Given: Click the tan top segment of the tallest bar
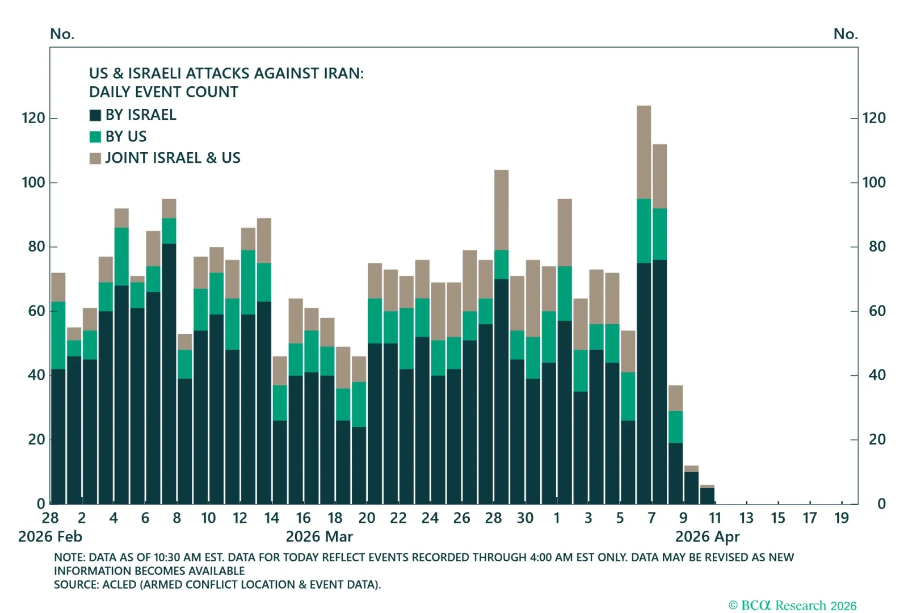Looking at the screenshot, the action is (644, 152).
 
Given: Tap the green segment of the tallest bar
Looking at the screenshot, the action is (644, 230).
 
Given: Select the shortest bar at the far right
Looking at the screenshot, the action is (707, 494).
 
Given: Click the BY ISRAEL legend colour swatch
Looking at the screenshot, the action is (95, 115).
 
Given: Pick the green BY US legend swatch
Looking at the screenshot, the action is (95, 137).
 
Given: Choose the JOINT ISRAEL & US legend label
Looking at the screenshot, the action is (173, 158).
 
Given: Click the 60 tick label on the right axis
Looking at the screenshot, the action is (877, 311).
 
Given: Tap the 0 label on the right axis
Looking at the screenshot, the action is (881, 504).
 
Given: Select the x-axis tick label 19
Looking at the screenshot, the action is (842, 518).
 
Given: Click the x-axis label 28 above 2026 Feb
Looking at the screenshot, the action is (51, 518).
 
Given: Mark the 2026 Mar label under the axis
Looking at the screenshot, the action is (320, 537).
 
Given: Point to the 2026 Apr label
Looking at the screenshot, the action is (707, 537).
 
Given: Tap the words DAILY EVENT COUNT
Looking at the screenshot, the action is (163, 92).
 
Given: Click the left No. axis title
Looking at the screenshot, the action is (62, 33).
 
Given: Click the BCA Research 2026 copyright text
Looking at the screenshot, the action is (792, 605).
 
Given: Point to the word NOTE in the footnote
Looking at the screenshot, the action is (69, 557).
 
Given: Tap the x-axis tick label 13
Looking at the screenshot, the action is (746, 518).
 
